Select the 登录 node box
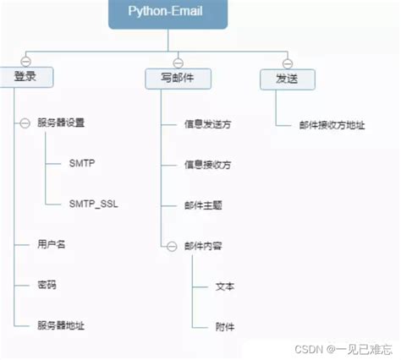pyautogui.click(x=25, y=78)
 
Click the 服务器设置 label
pyautogui.click(x=61, y=123)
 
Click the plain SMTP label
pyautogui.click(x=82, y=163)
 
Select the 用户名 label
pyautogui.click(x=51, y=244)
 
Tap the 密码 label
pyautogui.click(x=46, y=285)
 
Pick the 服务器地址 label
pyautogui.click(x=60, y=325)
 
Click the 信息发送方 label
pyautogui.click(x=207, y=124)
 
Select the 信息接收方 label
pyautogui.click(x=207, y=165)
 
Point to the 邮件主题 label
pyautogui.click(x=203, y=205)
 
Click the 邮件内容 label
pyautogui.click(x=203, y=246)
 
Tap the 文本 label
pyautogui.click(x=225, y=286)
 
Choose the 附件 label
pyautogui.click(x=225, y=326)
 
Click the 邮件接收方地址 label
pyautogui.click(x=332, y=124)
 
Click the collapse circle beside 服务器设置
pyautogui.click(x=25, y=123)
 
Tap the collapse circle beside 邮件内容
pyautogui.click(x=173, y=246)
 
